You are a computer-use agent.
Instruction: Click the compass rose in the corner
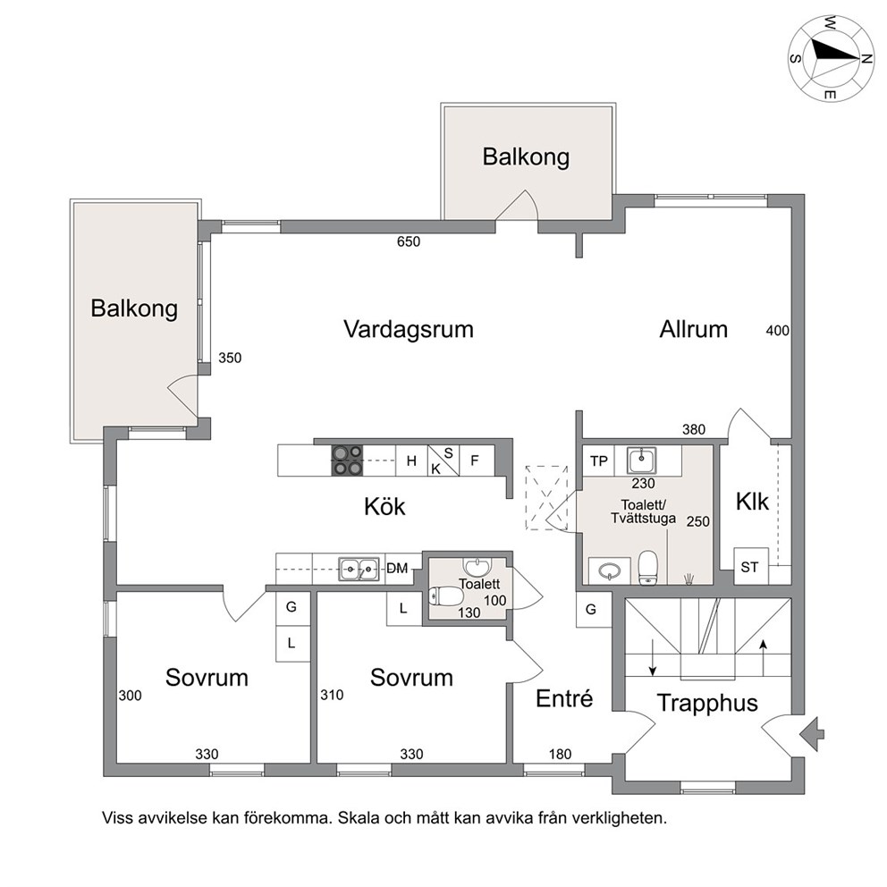tap(831, 58)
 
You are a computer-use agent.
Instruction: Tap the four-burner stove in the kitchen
tap(347, 460)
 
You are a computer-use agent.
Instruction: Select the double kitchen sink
tap(359, 569)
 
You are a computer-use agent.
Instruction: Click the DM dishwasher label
tap(397, 568)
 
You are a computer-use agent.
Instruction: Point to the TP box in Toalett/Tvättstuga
tap(598, 460)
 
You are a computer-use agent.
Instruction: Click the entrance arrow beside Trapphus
tap(812, 734)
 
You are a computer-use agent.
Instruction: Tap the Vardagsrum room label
tap(409, 329)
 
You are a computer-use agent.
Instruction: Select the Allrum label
tap(694, 329)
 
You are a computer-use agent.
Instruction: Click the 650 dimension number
tap(409, 241)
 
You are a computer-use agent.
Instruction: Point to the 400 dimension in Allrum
tap(777, 330)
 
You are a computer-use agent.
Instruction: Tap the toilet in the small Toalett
tap(446, 596)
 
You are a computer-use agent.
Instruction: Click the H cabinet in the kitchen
tap(411, 460)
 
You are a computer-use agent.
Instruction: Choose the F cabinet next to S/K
tap(475, 460)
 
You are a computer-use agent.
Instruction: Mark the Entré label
tap(564, 698)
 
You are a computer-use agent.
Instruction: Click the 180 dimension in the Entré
tap(560, 754)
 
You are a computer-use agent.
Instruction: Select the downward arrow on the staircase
tap(653, 657)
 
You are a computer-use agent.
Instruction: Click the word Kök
tap(384, 506)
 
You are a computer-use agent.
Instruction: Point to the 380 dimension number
tap(694, 429)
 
